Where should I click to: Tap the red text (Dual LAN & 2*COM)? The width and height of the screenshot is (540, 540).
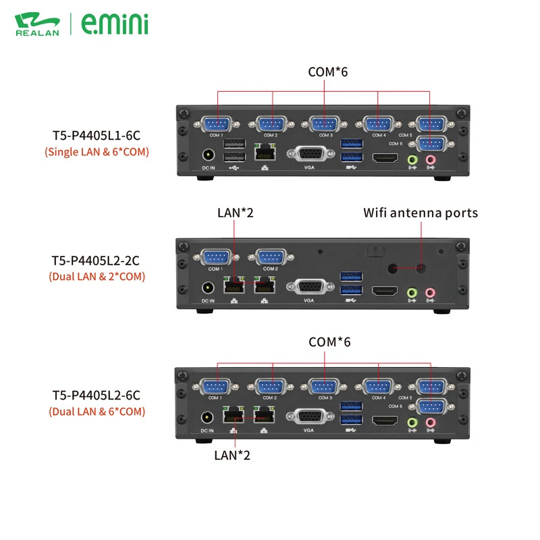(97, 276)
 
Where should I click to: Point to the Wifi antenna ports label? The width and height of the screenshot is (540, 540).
(421, 213)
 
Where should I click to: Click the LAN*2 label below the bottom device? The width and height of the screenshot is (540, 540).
(232, 455)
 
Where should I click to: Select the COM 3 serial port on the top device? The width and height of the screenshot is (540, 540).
(324, 124)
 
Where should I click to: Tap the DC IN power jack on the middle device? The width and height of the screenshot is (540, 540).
(207, 289)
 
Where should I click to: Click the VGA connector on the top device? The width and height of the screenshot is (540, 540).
(310, 155)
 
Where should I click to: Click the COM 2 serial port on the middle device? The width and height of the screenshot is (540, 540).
(271, 257)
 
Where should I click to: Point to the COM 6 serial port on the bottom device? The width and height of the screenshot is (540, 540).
(429, 406)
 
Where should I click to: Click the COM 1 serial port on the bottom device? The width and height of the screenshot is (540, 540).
(217, 387)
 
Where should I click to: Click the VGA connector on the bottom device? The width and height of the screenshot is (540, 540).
(310, 418)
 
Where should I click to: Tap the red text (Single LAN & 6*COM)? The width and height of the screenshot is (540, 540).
(97, 152)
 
